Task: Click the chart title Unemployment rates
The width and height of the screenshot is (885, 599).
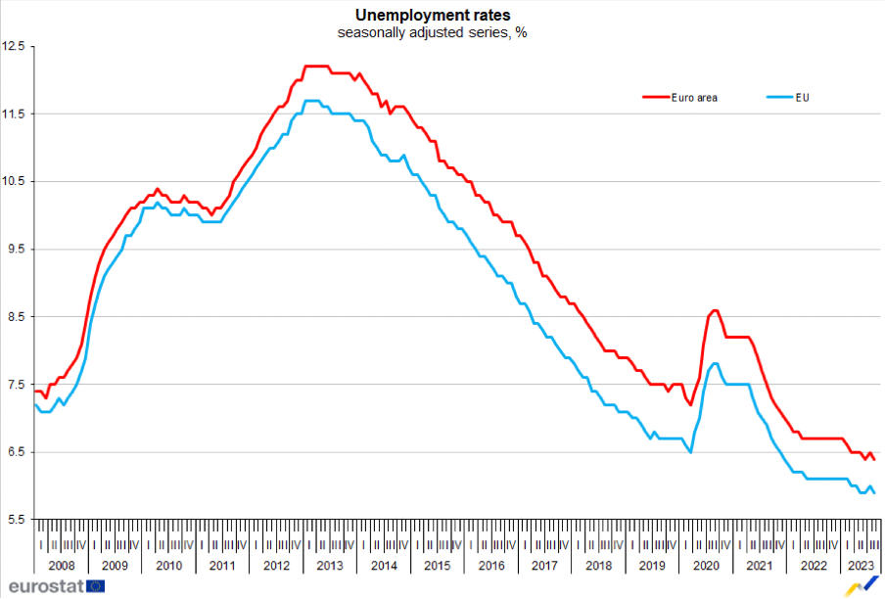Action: pyautogui.click(x=433, y=15)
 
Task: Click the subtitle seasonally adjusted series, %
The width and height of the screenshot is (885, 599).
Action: pyautogui.click(x=433, y=32)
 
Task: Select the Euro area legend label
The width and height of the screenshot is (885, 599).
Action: pyautogui.click(x=694, y=97)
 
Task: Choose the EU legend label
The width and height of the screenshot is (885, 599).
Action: pyautogui.click(x=803, y=97)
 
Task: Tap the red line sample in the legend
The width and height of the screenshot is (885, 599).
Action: pyautogui.click(x=654, y=97)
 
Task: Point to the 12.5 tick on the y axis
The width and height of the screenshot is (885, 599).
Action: pyautogui.click(x=15, y=46)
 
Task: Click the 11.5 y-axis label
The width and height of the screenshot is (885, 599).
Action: pyautogui.click(x=15, y=114)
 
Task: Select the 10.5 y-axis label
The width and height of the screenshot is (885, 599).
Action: pyautogui.click(x=15, y=181)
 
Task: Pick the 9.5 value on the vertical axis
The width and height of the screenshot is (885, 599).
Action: pyautogui.click(x=15, y=249)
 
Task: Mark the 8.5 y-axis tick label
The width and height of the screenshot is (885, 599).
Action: pyautogui.click(x=15, y=316)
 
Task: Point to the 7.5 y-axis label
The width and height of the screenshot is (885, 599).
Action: pyautogui.click(x=15, y=385)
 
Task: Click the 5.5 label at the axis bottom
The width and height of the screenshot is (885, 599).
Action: pyautogui.click(x=15, y=520)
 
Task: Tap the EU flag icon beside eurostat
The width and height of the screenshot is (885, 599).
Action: pyautogui.click(x=96, y=585)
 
